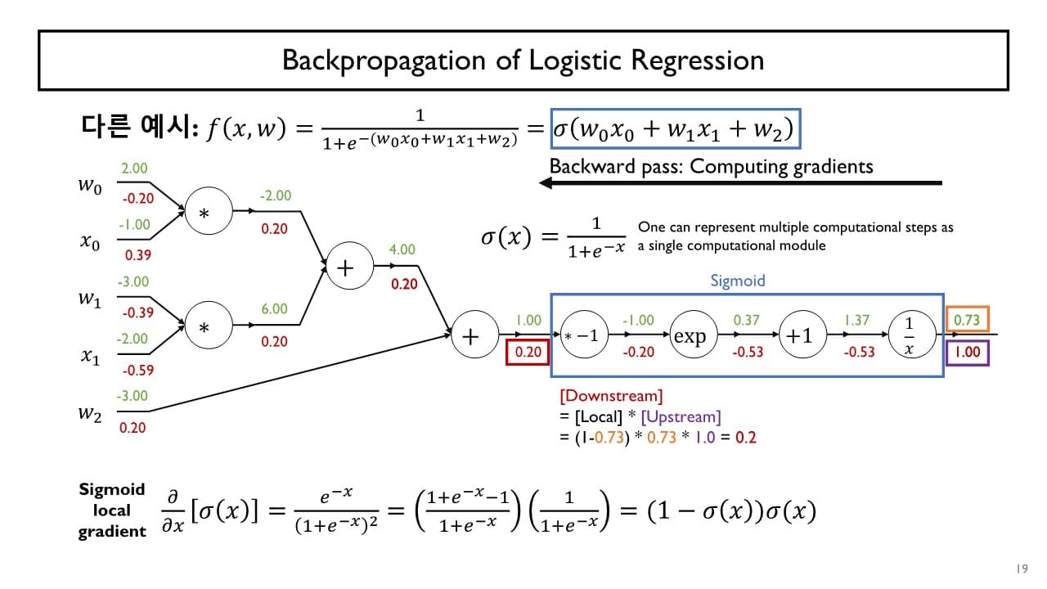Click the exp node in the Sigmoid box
pos(689,336)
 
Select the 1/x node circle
pos(909,336)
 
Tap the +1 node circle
pos(799,336)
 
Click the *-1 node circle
pos(582,336)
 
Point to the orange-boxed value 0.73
pos(968,319)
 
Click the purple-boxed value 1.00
pos(968,353)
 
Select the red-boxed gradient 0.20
pos(529,353)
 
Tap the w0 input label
pos(90,187)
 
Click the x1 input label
pos(90,356)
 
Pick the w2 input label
pos(90,413)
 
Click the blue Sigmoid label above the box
pos(737,281)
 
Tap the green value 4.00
pos(402,250)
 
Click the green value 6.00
pos(274,308)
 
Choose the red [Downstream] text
pos(611,397)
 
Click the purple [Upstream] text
pos(681,417)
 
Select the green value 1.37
pos(856,320)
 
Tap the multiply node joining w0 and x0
pos(204,213)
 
